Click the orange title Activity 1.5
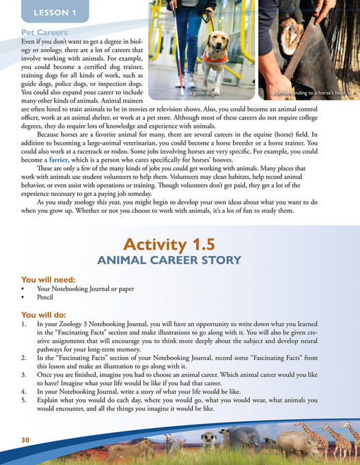tap(180, 245)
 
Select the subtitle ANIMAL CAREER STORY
tap(180, 259)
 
